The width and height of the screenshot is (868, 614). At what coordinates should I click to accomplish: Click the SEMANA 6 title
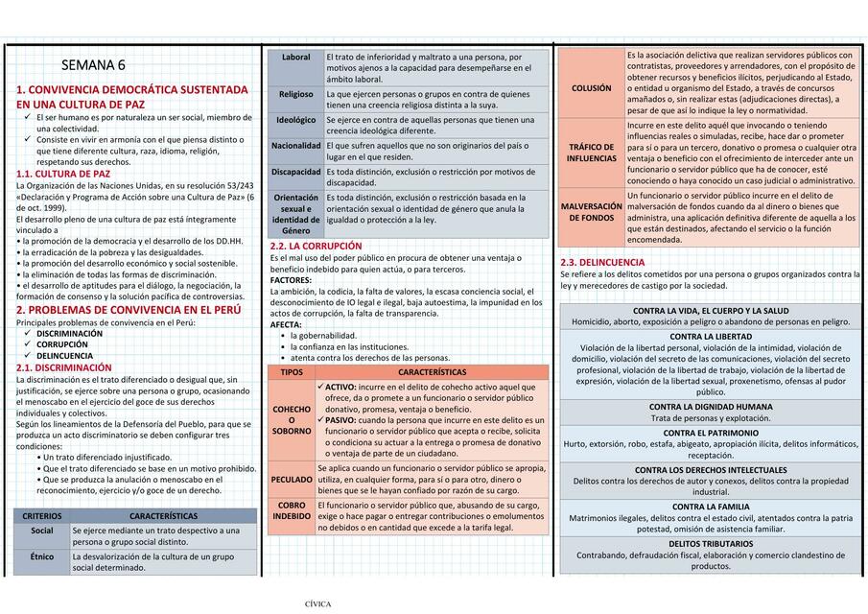point(93,66)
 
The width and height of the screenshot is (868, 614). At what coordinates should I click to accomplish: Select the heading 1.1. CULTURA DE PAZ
point(63,174)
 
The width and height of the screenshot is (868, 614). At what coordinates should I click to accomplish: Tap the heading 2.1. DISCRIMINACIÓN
point(64,367)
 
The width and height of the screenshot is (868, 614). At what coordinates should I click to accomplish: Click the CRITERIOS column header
point(42,515)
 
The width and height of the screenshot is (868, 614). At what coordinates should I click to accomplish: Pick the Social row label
point(42,530)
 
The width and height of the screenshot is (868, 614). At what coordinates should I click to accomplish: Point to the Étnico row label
point(42,555)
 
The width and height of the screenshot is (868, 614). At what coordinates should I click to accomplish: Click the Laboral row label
point(296,58)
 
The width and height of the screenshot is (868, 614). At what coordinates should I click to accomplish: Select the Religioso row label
point(296,94)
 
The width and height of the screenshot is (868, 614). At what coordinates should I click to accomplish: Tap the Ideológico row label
point(296,120)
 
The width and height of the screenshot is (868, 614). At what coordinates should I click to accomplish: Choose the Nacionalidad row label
point(296,146)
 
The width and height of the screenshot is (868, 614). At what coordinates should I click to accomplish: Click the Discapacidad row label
point(296,172)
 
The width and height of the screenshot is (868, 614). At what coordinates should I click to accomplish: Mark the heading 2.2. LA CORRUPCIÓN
point(317,247)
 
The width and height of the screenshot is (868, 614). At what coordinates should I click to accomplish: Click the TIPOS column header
point(292,372)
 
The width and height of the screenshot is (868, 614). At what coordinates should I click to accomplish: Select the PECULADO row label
point(292,479)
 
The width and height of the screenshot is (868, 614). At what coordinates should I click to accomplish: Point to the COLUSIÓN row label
point(591,87)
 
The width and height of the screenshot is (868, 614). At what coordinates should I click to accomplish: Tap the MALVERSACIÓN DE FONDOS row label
point(591,212)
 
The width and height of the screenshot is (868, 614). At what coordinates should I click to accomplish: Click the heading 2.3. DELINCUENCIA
point(602,262)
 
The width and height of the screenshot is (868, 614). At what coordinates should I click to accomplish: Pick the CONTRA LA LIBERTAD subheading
point(711,337)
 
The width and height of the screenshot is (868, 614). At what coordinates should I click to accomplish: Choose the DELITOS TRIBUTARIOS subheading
point(711,543)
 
